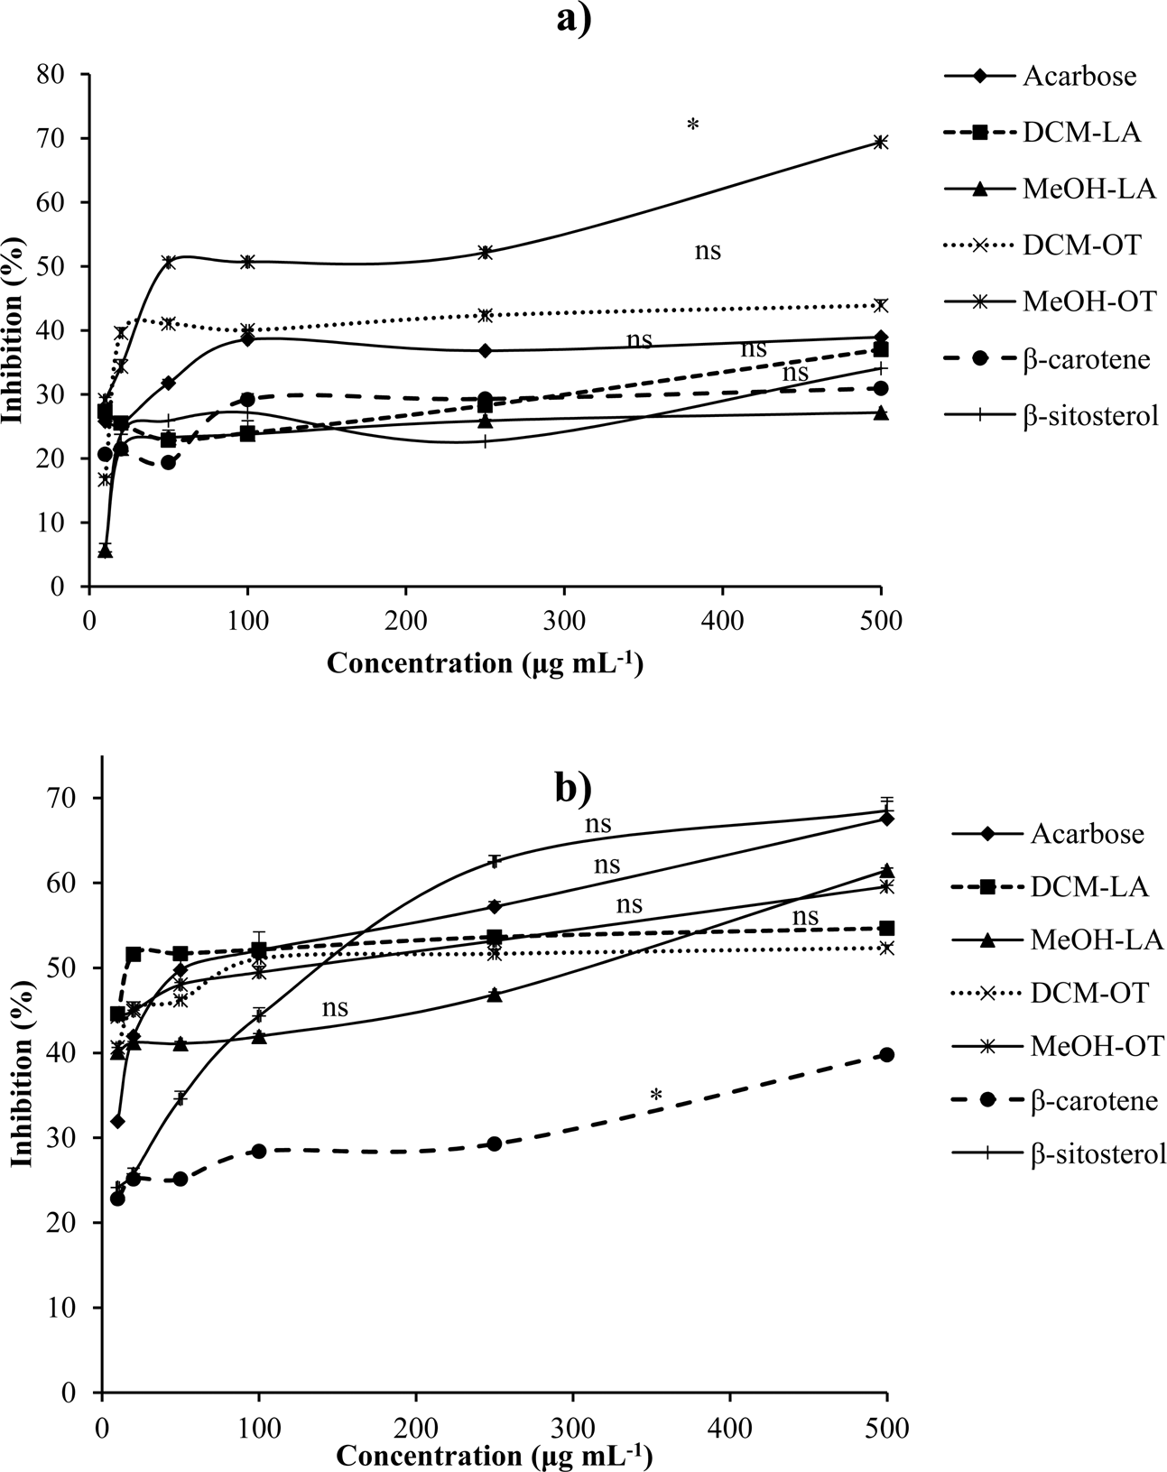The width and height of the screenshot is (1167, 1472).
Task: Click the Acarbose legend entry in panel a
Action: [x=1079, y=76]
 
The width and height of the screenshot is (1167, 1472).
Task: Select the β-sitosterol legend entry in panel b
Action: [x=1098, y=1154]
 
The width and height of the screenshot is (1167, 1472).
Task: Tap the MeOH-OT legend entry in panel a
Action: [x=1088, y=302]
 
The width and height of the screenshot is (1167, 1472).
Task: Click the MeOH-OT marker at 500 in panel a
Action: [x=881, y=142]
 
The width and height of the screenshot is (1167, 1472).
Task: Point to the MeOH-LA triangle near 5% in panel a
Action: [x=105, y=551]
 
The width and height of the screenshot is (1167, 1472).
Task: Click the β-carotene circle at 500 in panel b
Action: [x=886, y=1054]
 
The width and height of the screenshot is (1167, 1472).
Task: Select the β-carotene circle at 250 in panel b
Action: [x=494, y=1143]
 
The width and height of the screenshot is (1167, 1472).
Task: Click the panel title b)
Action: [x=572, y=788]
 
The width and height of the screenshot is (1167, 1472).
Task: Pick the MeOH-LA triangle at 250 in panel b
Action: [x=494, y=994]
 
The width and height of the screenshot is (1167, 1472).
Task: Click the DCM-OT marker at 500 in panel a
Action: [x=881, y=305]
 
